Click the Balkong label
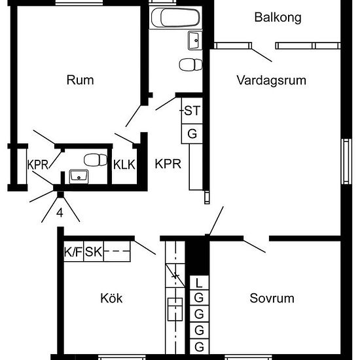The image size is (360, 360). coord(278,18)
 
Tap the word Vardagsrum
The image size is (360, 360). coord(272,81)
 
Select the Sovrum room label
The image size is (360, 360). coord(272,298)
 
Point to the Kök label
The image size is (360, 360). coord(111,298)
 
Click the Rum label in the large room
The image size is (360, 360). coord(80,80)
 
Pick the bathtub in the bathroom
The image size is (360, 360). coord(175,18)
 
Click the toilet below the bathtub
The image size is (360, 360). coord(190,65)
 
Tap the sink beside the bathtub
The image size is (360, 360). coord(195,41)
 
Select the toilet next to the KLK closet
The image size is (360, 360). coord(96,160)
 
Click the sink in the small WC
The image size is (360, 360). coord(79,176)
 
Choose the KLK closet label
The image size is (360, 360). coord(124,164)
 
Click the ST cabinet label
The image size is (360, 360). coord(192,111)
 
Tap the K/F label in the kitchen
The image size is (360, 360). coord(73,251)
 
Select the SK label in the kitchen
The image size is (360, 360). coord(94,251)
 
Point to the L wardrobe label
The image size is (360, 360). coord(199,283)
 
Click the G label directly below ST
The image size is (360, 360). coord(192,134)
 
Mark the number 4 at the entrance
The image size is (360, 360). coord(60,213)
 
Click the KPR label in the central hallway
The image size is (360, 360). coord(168,164)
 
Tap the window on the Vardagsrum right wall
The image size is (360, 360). coord(346,162)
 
